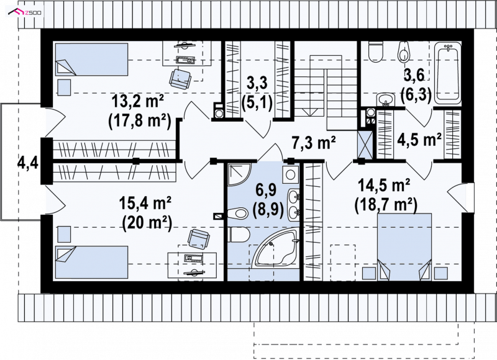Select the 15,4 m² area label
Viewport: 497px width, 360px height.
pos(145,203)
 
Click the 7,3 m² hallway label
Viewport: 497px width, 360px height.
pos(314,143)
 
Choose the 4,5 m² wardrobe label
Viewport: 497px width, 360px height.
pos(419,140)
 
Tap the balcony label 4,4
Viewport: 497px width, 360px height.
pos(28,164)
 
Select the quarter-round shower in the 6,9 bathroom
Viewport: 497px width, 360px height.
pos(239,175)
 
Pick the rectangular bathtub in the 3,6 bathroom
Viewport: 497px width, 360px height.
pos(447,73)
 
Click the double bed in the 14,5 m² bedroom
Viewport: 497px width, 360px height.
pos(404,247)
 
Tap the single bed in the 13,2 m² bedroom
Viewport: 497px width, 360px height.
pos(91,60)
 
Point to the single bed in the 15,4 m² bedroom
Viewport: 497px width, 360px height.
pos(91,262)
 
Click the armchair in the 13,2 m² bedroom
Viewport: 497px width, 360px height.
pos(180,79)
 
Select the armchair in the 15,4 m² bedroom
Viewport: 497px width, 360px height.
pos(198,239)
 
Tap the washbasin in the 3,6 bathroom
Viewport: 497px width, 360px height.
pos(385,99)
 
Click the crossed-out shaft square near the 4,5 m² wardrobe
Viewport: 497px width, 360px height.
pos(365,144)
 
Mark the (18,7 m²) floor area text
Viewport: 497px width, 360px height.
pos(385,205)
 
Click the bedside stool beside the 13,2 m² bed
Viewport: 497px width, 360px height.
pos(65,88)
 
